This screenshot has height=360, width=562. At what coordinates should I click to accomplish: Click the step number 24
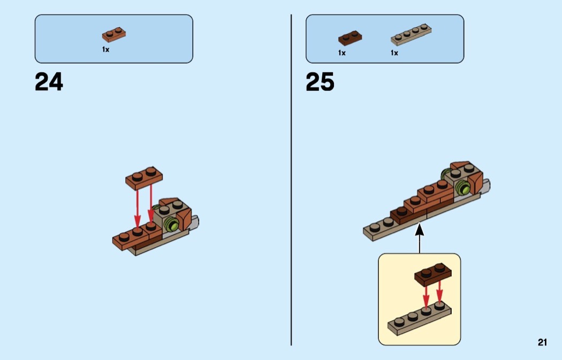point(49,82)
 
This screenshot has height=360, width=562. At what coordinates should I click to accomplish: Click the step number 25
point(320,82)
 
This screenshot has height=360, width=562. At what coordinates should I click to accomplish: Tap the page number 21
point(542,342)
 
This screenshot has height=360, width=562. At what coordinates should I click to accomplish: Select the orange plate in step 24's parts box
point(114,35)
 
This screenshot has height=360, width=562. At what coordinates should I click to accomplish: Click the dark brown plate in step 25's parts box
point(350,38)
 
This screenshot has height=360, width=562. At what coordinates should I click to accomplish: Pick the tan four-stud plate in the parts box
point(411,35)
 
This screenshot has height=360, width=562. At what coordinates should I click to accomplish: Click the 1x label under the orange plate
point(106,49)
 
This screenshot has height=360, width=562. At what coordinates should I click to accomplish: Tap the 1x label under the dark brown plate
point(342,53)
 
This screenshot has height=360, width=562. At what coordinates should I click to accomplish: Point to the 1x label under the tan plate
point(394,53)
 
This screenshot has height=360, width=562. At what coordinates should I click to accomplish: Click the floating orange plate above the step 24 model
point(144,178)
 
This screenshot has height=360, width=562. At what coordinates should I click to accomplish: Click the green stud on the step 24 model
point(172,225)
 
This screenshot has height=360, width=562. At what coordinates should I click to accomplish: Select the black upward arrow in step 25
point(419,238)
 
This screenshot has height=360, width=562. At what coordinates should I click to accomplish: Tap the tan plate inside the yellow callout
point(419,318)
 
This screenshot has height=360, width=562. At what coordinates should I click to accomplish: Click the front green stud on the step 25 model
point(463,188)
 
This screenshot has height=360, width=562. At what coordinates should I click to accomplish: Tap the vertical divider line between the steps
point(291,180)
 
